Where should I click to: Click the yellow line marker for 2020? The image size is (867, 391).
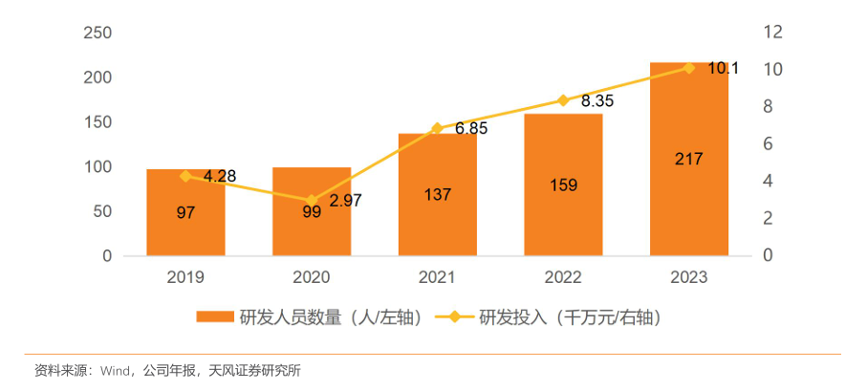point(312,200)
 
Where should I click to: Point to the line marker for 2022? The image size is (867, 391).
point(563,100)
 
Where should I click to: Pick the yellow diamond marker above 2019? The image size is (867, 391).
point(185,176)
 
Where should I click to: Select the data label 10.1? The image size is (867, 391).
point(723,69)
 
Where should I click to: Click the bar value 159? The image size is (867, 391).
point(563,185)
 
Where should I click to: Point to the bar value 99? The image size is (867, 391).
point(312,212)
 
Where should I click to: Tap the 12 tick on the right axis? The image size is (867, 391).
point(773,33)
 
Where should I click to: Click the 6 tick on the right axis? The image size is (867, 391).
point(769,144)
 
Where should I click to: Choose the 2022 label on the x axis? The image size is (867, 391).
point(563,277)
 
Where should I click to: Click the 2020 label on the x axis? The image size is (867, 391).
point(312,277)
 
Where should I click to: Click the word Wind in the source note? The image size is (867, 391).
point(115,370)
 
